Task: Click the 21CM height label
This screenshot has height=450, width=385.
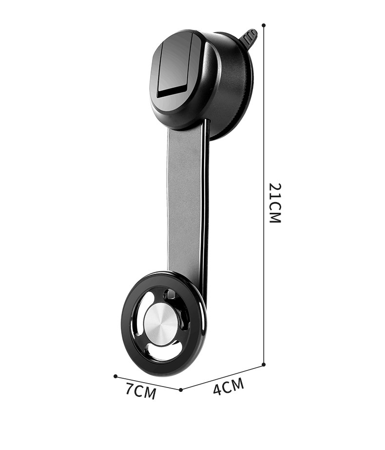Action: click(275, 203)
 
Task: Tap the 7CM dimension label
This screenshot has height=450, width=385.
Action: click(140, 391)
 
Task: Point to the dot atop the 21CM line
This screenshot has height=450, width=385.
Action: click(264, 24)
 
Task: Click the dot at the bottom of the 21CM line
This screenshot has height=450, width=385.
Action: click(264, 364)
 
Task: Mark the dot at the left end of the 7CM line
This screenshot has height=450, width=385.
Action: click(115, 376)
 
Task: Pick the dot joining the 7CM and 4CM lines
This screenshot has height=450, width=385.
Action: click(181, 389)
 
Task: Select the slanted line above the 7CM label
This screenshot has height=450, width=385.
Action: click(148, 383)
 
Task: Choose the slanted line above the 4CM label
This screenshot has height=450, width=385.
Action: click(222, 377)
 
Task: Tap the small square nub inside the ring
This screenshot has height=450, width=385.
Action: click(170, 294)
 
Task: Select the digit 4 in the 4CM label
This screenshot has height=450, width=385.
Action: click(218, 389)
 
